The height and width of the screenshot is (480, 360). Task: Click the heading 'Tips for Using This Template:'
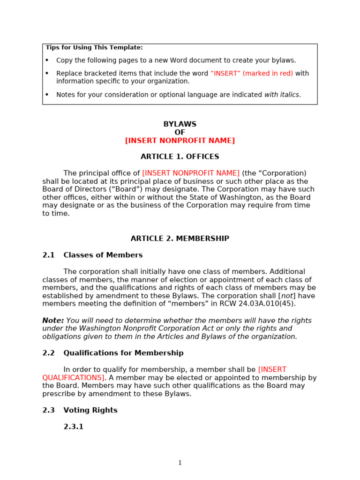(94, 48)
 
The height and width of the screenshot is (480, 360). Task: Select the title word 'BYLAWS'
(180, 124)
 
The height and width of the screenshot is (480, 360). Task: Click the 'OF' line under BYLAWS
(180, 133)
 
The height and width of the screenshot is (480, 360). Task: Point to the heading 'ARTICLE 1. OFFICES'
(180, 157)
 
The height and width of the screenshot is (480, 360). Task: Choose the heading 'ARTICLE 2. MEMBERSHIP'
(180, 239)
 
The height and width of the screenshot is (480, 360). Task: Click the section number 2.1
(48, 255)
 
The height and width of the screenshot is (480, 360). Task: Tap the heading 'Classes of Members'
(103, 255)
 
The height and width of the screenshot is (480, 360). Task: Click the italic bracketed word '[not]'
(286, 296)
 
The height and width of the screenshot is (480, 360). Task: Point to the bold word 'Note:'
(53, 321)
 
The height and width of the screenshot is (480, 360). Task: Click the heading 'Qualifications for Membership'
(124, 353)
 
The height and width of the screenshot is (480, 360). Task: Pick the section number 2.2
(48, 353)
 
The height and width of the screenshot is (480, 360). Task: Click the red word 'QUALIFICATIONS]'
(74, 378)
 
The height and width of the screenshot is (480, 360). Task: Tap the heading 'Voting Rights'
(90, 411)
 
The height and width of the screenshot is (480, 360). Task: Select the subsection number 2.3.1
(74, 427)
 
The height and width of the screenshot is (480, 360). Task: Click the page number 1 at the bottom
(180, 463)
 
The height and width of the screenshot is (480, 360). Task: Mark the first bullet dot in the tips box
(47, 60)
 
